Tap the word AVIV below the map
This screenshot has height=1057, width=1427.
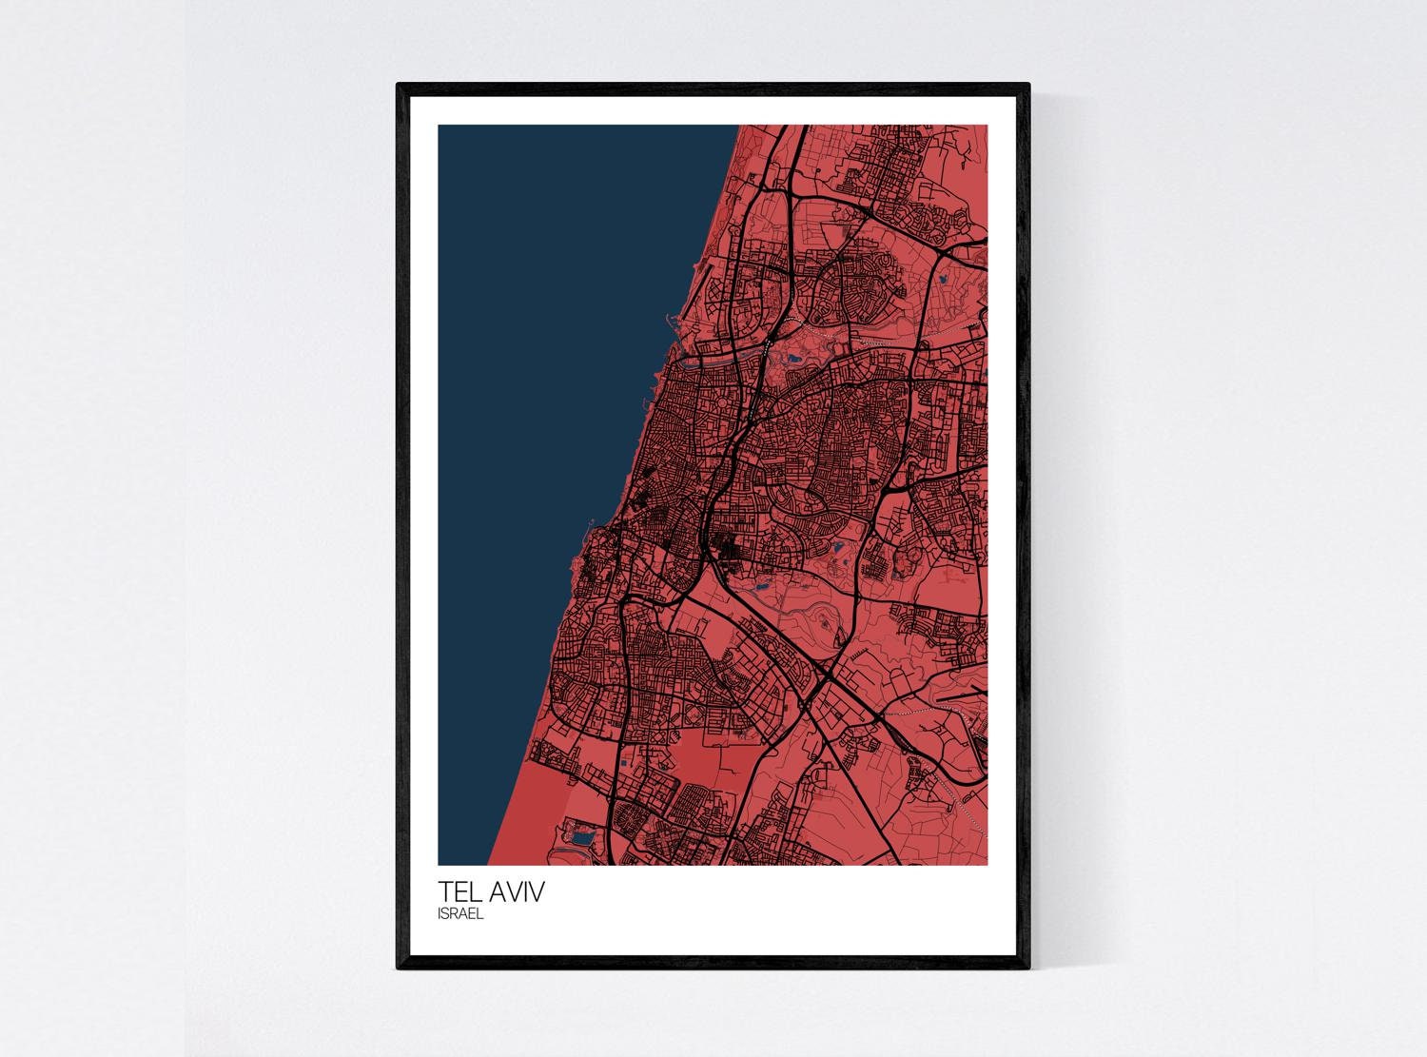[x=518, y=893]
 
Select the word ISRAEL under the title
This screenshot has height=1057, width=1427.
[x=460, y=914]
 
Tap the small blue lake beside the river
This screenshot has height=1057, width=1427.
[x=792, y=360]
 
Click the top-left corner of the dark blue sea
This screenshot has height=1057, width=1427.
[x=440, y=127]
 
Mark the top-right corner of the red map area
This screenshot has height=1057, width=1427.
[x=986, y=127]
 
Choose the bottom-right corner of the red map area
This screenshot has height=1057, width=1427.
[x=986, y=864]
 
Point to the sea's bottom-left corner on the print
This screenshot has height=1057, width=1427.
[x=440, y=864]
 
